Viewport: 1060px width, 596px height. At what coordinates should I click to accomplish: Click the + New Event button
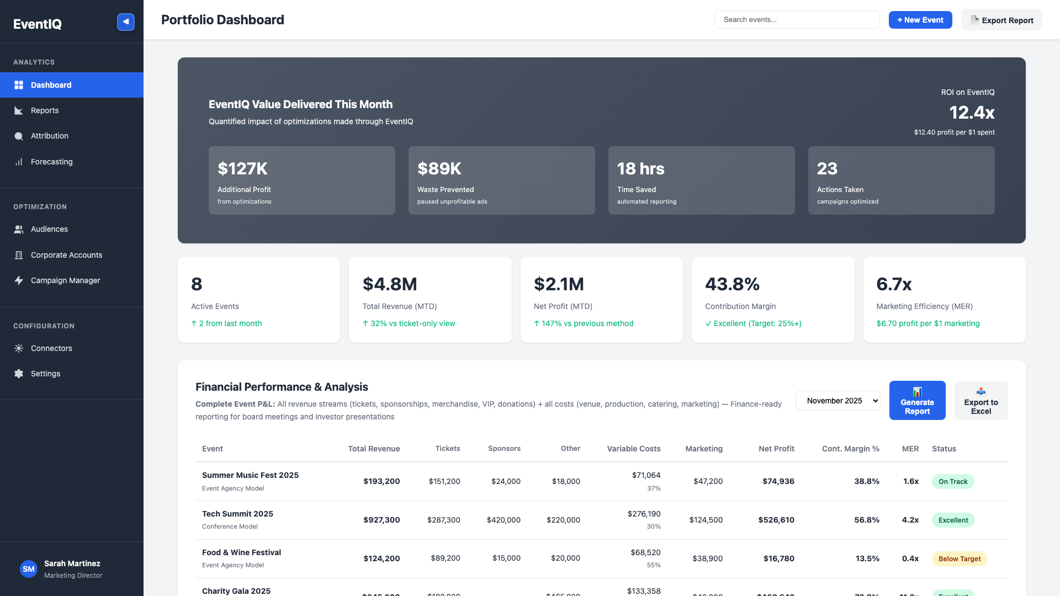(920, 20)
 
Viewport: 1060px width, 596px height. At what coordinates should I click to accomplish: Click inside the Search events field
(797, 20)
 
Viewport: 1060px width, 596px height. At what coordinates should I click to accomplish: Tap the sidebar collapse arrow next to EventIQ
(126, 22)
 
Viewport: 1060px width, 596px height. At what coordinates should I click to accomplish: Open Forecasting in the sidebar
(51, 162)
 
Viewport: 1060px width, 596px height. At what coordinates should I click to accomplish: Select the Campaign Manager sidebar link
(65, 280)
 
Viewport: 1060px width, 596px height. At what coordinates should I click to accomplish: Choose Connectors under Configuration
(51, 348)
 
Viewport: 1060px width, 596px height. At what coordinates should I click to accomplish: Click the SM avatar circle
(29, 569)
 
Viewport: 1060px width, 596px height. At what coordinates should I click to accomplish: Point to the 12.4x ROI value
(971, 113)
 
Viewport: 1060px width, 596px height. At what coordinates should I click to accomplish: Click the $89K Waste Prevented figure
(439, 169)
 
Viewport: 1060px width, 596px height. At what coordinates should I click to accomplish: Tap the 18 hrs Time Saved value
(640, 169)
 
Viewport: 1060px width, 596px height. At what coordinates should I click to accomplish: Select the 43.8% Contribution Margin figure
(732, 284)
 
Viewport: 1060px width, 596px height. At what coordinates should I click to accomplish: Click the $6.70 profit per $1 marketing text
(928, 323)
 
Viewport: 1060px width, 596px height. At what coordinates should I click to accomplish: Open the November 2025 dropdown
(838, 401)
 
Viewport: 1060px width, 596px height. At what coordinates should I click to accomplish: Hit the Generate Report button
(917, 401)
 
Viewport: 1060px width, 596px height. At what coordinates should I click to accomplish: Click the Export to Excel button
(981, 401)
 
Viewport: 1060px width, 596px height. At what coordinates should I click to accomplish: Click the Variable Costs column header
(633, 449)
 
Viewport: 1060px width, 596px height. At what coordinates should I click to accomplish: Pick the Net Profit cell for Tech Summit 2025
(776, 520)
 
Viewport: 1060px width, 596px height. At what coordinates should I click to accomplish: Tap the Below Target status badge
(959, 558)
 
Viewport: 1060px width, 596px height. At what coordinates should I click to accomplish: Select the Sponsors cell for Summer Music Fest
(506, 481)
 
